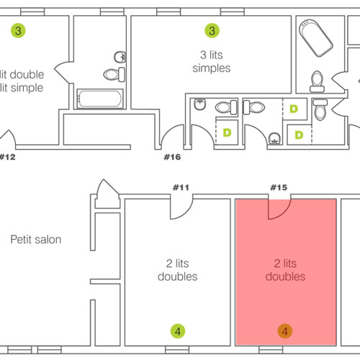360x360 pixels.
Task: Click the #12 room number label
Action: [x=8, y=157]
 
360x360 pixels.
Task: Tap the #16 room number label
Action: [x=172, y=157]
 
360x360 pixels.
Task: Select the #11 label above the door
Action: [x=181, y=187]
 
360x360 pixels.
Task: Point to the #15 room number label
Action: [x=279, y=187]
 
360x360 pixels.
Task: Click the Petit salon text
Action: [x=36, y=240]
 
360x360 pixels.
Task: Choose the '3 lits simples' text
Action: [x=212, y=61]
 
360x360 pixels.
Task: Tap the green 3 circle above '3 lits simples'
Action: [x=212, y=30]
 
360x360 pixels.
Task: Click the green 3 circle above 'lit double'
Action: [x=18, y=30]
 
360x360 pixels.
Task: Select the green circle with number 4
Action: [x=178, y=331]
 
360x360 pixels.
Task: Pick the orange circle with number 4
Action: [x=285, y=331]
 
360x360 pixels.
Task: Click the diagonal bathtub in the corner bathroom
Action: [x=316, y=38]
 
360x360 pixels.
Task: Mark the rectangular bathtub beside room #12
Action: [x=100, y=99]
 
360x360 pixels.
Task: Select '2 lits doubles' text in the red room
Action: [x=285, y=270]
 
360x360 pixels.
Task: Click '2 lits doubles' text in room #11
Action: [x=178, y=270]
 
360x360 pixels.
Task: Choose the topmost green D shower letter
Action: [x=294, y=109]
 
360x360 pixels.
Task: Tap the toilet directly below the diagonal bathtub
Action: [x=317, y=81]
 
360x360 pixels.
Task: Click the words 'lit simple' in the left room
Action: [x=22, y=88]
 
